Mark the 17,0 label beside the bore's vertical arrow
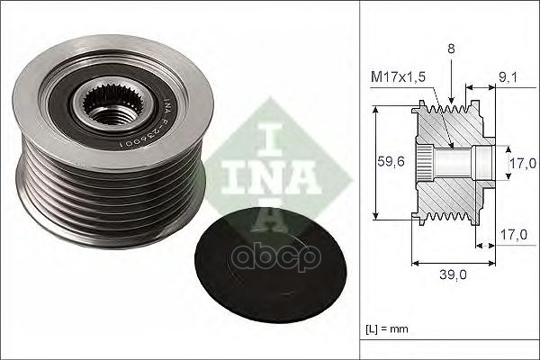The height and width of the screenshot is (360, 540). [523, 163]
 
